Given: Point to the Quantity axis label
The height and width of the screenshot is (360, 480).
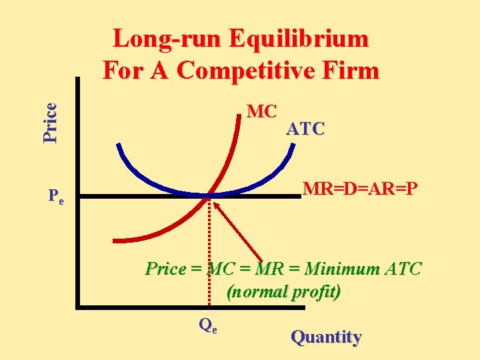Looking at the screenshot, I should coord(326,337).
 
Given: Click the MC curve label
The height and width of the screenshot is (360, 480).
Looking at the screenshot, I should coord(261,111).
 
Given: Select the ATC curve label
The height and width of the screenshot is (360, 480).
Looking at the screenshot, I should coord(305,129).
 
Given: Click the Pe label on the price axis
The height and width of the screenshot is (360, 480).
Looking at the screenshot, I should coord(56,197).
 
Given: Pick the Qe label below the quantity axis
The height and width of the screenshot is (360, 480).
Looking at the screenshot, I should coord(208,325).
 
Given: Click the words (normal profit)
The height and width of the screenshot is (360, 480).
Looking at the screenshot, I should coord(283,292).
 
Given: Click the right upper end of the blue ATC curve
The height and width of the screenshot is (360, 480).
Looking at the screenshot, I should coord(292,145).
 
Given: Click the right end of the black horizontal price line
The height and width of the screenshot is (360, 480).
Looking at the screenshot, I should coord(299,196).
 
